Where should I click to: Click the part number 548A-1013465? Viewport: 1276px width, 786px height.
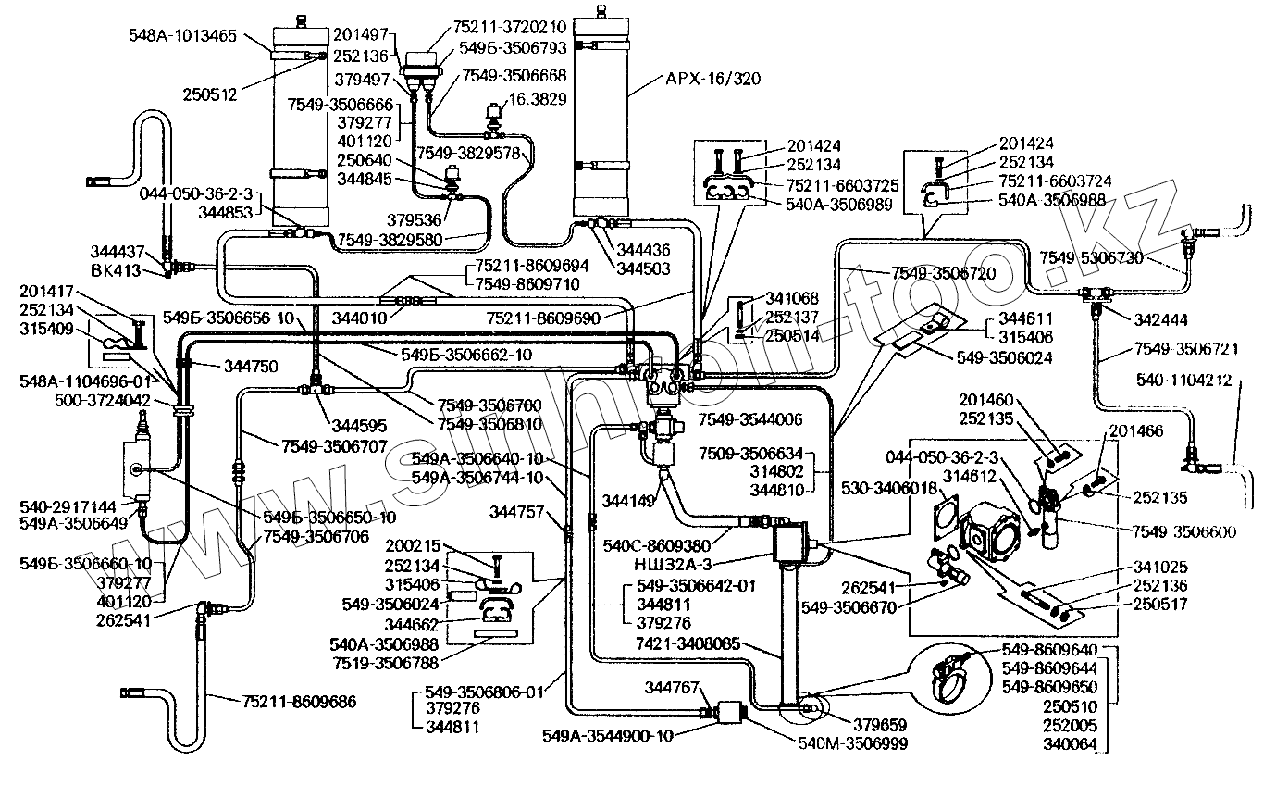point(184,36)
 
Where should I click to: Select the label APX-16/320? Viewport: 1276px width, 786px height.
point(713,79)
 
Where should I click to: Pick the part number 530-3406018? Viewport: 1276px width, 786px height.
point(892,488)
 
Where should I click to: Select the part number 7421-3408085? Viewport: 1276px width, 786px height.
point(688,643)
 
